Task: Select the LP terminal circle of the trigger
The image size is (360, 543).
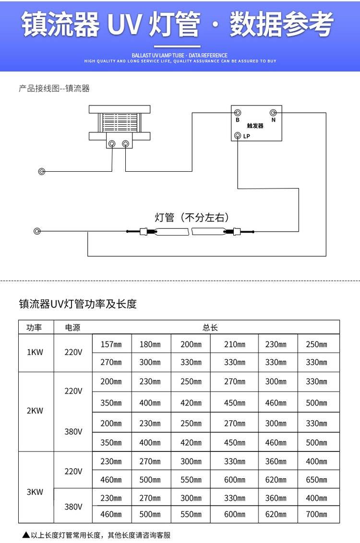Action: point(238,136)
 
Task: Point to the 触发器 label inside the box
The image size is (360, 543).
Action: point(255,126)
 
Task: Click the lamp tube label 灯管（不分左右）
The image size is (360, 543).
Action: point(191,217)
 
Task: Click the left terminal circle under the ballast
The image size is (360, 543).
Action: point(112,143)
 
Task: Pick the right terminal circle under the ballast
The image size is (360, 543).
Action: point(126,143)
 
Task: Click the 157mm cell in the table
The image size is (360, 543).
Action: point(111,344)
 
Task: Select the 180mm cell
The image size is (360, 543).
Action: point(150,344)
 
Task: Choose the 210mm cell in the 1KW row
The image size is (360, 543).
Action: point(234,344)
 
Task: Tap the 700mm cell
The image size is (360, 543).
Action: point(316,514)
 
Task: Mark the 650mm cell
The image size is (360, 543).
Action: point(316,479)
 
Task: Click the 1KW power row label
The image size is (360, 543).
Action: point(35,352)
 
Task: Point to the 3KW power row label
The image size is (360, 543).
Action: point(35,492)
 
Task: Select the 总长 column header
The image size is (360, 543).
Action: point(210,328)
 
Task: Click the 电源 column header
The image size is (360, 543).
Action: point(73,328)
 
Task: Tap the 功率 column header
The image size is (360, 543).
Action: point(35,328)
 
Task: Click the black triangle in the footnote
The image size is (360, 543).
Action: point(26,534)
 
